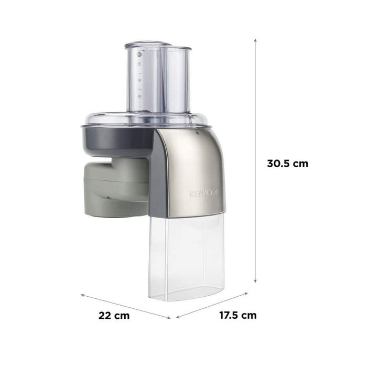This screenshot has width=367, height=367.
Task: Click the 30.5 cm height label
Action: (x=288, y=164)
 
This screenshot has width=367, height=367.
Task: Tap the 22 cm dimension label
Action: (x=114, y=316)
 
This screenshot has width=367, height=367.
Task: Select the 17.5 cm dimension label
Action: (x=238, y=315)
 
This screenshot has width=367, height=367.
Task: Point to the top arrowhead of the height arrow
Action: (x=255, y=40)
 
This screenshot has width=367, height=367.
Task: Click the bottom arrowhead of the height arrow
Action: (x=255, y=280)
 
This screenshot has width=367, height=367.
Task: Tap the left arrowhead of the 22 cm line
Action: (x=82, y=295)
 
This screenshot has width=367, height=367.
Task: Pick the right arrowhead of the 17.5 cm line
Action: (x=246, y=293)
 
